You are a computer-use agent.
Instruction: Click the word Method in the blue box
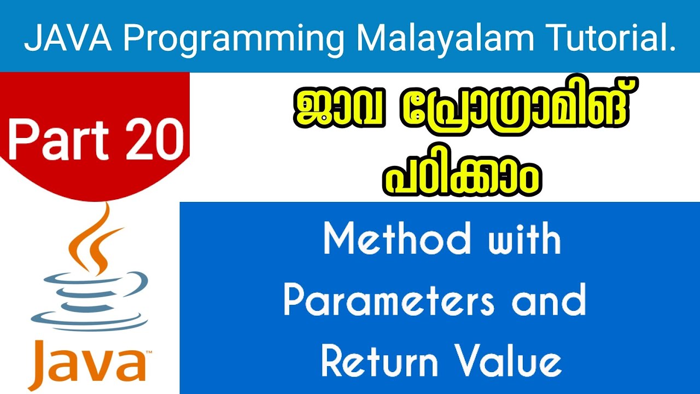click(398, 240)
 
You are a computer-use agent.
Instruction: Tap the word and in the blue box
click(549, 302)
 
